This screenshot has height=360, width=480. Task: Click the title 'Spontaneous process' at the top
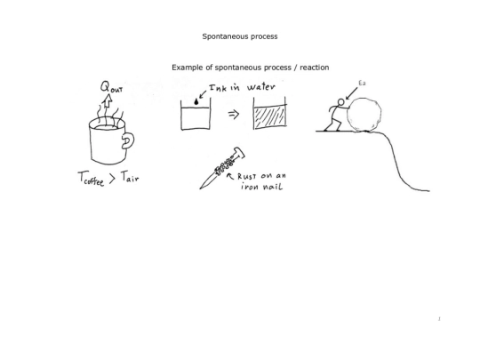(240, 36)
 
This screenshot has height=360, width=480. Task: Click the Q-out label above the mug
(111, 87)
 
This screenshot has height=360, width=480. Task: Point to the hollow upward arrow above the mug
(108, 100)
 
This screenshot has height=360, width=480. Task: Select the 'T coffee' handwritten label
(92, 179)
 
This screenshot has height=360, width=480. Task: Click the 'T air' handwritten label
(130, 177)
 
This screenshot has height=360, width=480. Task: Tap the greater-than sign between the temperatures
(112, 179)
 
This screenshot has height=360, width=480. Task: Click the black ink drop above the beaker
(196, 102)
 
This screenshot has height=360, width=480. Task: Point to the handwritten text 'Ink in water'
(242, 87)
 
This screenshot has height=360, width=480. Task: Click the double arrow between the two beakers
(234, 115)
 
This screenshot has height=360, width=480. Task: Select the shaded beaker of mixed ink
(270, 114)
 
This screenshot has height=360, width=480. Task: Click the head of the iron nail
(239, 153)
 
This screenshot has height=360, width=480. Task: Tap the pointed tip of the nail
(201, 188)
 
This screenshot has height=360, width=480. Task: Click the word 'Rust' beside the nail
(247, 176)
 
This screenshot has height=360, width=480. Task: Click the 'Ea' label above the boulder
(362, 84)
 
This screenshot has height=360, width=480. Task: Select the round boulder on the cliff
(364, 115)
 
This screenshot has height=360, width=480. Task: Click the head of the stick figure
(341, 102)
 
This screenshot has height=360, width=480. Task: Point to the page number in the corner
(439, 319)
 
